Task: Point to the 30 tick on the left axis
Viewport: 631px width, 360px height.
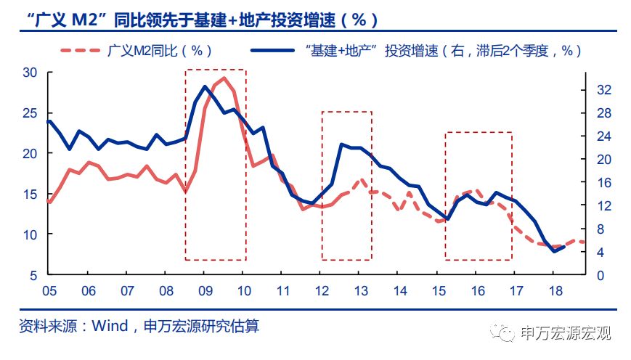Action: point(30,73)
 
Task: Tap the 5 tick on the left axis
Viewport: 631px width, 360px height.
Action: point(33,276)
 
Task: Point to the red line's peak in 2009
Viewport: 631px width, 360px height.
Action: point(224,78)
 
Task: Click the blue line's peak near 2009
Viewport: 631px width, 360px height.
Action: point(205,86)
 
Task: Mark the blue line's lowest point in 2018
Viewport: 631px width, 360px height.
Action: point(555,251)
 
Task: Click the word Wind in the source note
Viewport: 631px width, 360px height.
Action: point(110,326)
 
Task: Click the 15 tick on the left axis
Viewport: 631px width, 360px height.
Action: point(30,195)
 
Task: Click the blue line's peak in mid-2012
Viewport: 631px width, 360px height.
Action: point(342,144)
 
